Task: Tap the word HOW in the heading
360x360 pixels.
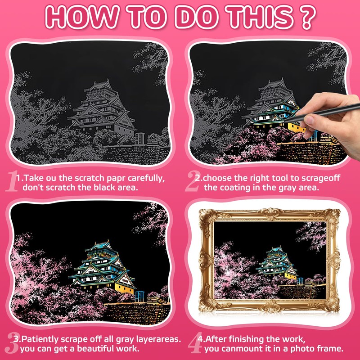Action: pyautogui.click(x=82, y=17)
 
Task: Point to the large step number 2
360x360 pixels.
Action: pyautogui.click(x=192, y=181)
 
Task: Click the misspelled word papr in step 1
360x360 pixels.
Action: pyautogui.click(x=116, y=179)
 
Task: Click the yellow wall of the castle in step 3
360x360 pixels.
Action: pyautogui.click(x=124, y=288)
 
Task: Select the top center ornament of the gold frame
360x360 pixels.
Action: pyautogui.click(x=271, y=213)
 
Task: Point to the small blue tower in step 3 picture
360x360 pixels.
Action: pyautogui.click(x=139, y=296)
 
